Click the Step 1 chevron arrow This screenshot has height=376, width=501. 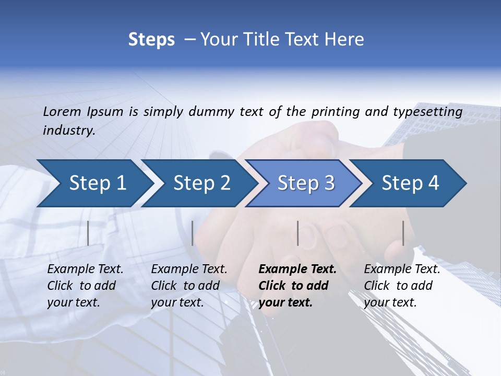pyautogui.click(x=94, y=183)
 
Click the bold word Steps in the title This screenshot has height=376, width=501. pyautogui.click(x=151, y=40)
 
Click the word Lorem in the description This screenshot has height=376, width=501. pyautogui.click(x=62, y=111)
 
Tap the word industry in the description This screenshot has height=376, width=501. pyautogui.click(x=68, y=131)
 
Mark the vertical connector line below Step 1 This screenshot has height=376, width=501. pyautogui.click(x=88, y=233)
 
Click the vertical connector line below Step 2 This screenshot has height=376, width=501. pyautogui.click(x=193, y=233)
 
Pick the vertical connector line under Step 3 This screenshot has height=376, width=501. pyautogui.click(x=298, y=233)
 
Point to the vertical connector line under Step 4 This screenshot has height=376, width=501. pyautogui.click(x=403, y=233)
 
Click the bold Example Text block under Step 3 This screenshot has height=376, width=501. pyautogui.click(x=297, y=286)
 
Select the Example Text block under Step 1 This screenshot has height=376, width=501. pyautogui.click(x=85, y=286)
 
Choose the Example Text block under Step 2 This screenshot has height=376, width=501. pyautogui.click(x=189, y=286)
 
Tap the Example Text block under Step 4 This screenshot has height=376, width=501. pyautogui.click(x=402, y=286)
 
